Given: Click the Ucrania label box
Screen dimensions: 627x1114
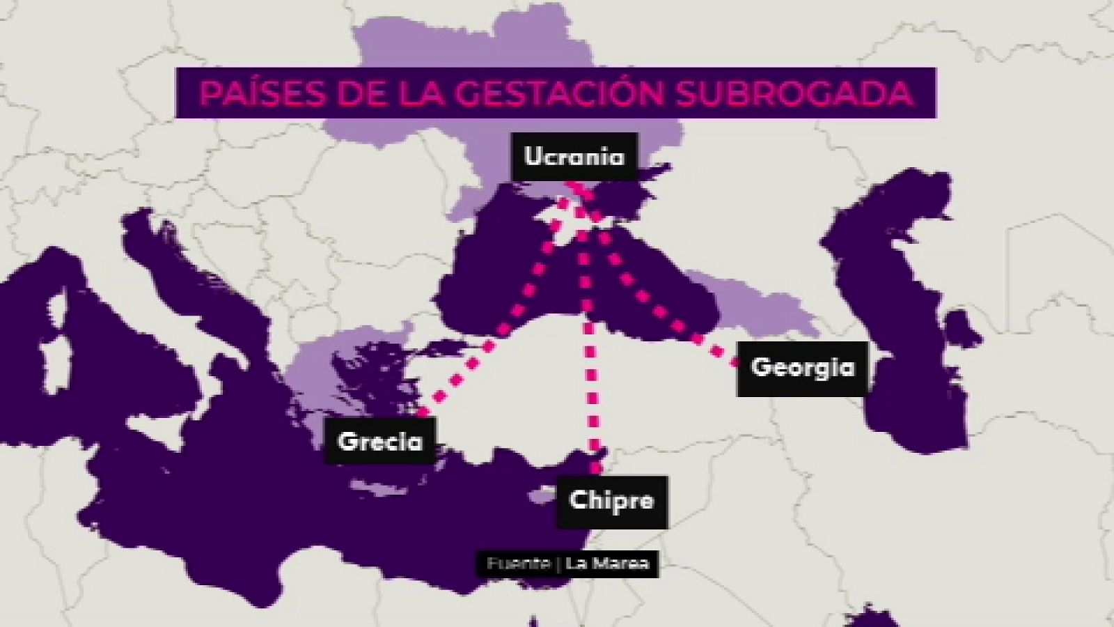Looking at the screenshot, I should point(574,157).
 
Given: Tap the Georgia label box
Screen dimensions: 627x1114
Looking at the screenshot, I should point(802,368).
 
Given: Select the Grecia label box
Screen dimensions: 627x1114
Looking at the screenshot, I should point(380,441).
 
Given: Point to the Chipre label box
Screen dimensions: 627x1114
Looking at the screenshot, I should point(611,500).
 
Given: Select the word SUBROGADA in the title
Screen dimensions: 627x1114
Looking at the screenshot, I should point(793,93).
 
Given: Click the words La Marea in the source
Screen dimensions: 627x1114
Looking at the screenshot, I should point(607,563).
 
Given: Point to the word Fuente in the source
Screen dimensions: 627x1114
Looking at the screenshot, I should point(518,563).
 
